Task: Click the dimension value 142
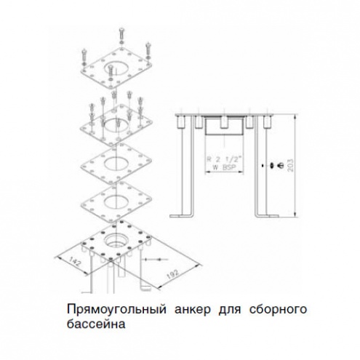pos(76,263)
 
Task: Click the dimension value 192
pos(173,274)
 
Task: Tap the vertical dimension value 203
pos(290,165)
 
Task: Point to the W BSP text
pos(224,167)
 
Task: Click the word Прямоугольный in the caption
pos(116,310)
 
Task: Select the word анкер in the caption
pos(193,310)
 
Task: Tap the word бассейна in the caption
pos(96,324)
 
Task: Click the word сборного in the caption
pos(278,310)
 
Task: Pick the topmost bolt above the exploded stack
pos(121,36)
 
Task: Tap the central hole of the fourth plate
pos(116,201)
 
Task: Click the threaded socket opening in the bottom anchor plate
pos(117,239)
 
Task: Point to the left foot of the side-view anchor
pos(181,215)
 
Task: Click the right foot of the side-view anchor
pos(268,215)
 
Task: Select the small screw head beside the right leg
pos(280,165)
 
